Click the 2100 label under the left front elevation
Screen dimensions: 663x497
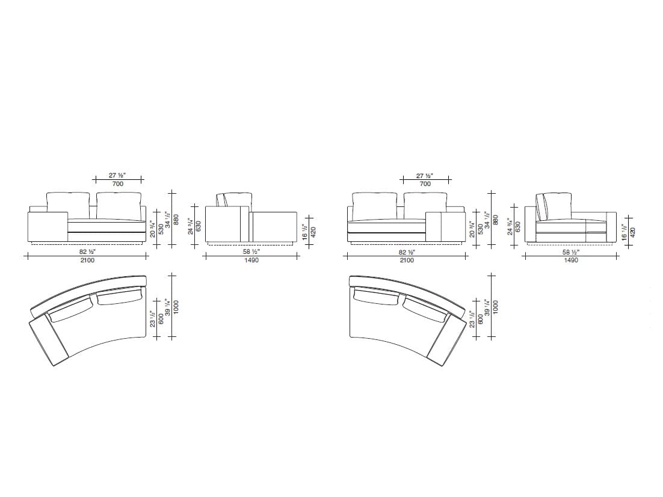87,261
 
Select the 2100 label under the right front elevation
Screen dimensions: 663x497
407,261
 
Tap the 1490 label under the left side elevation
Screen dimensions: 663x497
251,261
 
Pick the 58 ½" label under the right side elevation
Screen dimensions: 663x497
571,252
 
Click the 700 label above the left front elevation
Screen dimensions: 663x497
118,184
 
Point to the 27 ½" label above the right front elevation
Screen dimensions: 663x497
425,176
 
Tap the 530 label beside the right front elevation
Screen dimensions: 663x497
481,229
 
